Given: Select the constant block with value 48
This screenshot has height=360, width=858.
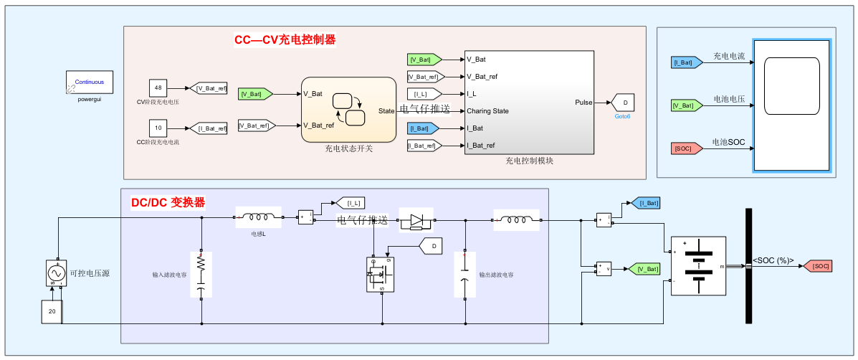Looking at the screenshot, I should (158, 88).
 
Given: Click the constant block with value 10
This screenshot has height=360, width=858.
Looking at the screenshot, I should (158, 128).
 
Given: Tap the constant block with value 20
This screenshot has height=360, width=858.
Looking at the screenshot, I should (52, 312).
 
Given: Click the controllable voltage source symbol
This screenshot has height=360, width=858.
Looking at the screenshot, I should (55, 273).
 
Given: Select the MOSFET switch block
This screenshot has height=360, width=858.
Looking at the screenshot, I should (381, 273).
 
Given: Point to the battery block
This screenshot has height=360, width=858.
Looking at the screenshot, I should (698, 265).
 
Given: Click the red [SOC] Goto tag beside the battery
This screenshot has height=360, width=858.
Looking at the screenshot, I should (816, 266).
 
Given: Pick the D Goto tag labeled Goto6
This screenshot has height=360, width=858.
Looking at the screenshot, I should (624, 103).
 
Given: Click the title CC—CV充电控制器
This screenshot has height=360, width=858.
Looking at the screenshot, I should (285, 39).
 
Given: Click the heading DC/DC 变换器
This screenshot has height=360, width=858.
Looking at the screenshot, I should (168, 202).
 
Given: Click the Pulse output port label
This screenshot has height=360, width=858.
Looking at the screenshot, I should (583, 103).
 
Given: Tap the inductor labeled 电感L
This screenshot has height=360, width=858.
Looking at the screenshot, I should (258, 217).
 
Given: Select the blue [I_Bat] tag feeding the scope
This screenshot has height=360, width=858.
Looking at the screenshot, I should (686, 63).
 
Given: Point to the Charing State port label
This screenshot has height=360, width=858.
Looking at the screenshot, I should (487, 111).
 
